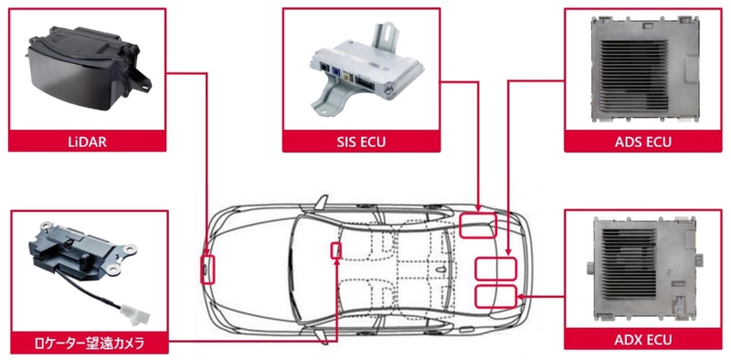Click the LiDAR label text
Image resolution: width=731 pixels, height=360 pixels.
click(x=87, y=142)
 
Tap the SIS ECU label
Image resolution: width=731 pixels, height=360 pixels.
click(x=361, y=142)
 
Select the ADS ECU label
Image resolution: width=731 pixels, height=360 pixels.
click(x=643, y=142)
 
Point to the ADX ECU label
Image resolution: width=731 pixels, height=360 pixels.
click(x=643, y=339)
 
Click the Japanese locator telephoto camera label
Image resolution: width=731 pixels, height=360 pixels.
click(x=90, y=344)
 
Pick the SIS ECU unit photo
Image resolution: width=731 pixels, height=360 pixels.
click(x=366, y=70)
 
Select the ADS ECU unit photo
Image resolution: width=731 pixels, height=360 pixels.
click(x=646, y=70)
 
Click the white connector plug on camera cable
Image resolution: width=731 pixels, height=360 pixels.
click(x=132, y=313)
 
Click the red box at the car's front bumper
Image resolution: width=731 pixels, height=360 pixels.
click(x=208, y=270)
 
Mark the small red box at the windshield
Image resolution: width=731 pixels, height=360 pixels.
click(x=336, y=250)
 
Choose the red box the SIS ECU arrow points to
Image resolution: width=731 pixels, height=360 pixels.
click(x=478, y=226)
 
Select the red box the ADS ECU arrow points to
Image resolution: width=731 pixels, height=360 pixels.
click(x=495, y=269)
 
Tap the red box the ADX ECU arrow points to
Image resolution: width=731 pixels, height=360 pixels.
click(x=495, y=297)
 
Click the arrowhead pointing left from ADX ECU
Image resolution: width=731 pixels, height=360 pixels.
click(x=521, y=297)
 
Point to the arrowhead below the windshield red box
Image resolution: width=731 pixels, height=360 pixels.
click(x=336, y=262)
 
